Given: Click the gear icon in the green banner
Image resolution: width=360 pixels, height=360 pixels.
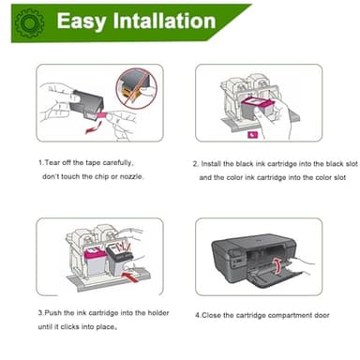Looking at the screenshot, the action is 29,22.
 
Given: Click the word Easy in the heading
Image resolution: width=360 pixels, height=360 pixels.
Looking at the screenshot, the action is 82,22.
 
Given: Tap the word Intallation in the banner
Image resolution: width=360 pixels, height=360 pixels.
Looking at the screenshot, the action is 164,21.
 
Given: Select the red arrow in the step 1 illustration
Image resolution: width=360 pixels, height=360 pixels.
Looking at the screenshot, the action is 94,127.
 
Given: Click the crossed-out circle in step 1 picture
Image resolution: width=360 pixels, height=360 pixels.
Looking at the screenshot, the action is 137,87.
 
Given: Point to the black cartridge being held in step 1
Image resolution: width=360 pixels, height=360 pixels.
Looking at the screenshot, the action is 86,103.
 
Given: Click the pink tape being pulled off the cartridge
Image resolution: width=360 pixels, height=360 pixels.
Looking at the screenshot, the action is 102,114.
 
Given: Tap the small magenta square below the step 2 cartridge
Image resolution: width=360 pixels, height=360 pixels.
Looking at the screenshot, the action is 253,135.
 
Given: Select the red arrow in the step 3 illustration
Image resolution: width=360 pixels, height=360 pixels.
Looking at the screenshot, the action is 129,277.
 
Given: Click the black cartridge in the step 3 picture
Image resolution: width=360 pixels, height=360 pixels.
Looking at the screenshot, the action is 119,259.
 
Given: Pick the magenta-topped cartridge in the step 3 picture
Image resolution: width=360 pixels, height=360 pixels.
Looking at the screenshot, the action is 95,262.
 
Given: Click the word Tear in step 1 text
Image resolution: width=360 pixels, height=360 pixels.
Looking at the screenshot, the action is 52,163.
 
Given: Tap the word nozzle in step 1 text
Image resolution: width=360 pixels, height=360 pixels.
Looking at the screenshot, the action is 131,176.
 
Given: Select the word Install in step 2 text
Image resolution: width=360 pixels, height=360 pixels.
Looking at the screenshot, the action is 211,164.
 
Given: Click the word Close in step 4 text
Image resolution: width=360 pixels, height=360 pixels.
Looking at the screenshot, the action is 211,315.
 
